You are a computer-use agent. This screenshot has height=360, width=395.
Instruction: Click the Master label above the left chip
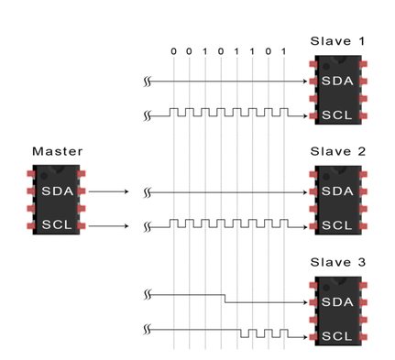[x=58, y=151]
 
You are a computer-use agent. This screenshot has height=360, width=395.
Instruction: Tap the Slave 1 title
[x=337, y=41]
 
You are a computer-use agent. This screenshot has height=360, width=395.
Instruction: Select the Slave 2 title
[x=338, y=151]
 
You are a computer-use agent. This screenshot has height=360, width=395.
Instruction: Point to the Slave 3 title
[x=338, y=262]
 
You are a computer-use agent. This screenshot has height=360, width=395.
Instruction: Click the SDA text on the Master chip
[x=58, y=191]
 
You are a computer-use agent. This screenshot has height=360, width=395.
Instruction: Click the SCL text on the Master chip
[x=57, y=224]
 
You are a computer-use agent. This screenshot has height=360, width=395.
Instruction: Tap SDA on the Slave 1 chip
[x=337, y=81]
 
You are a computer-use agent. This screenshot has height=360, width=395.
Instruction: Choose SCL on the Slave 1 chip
[x=336, y=115]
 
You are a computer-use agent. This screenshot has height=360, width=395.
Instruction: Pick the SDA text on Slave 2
[x=337, y=191]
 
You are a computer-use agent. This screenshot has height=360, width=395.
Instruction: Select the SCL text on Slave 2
[x=336, y=225]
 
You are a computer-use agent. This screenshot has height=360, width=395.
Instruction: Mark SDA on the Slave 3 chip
[x=337, y=302]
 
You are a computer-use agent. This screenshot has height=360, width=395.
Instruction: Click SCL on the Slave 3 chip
[x=336, y=336]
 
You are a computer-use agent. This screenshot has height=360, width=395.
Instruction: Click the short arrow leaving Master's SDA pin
[x=108, y=191]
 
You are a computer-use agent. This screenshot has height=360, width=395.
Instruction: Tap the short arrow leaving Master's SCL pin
[x=108, y=226]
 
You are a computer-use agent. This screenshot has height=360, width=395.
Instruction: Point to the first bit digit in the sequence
[x=173, y=51]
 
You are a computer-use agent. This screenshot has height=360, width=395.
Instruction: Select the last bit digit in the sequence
[x=284, y=51]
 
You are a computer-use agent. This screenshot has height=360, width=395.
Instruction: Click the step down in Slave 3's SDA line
[x=225, y=299]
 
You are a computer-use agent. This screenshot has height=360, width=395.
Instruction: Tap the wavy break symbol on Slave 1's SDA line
[x=148, y=82]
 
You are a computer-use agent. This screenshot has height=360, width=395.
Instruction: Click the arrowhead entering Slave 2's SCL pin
[x=305, y=227]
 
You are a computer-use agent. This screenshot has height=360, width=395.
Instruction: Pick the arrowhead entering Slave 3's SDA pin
[x=305, y=302]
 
